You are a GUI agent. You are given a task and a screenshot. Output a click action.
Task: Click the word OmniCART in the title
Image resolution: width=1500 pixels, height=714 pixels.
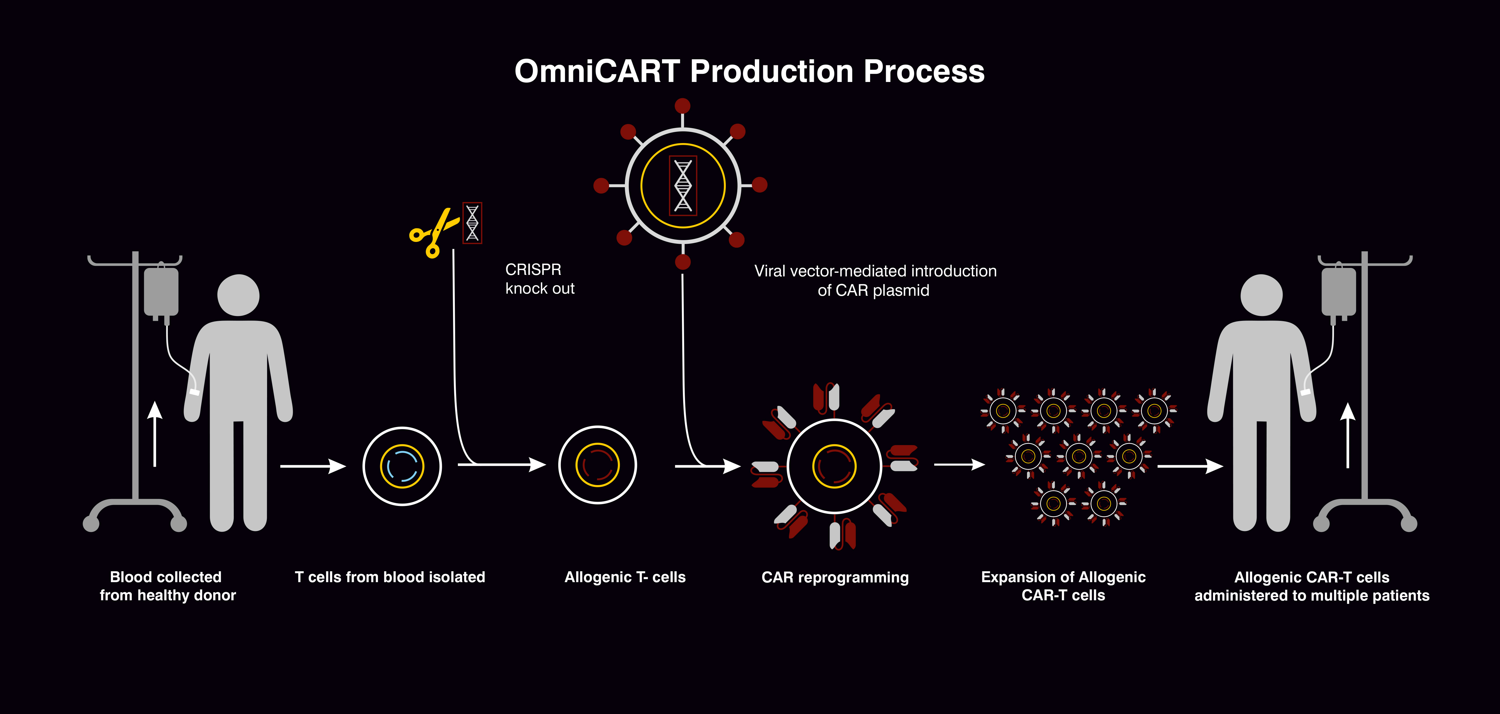[x=597, y=72]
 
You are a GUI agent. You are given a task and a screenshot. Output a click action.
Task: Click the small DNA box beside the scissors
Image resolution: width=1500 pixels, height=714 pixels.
[x=472, y=223]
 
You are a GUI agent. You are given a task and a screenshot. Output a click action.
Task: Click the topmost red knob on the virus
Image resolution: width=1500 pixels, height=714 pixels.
[x=683, y=106]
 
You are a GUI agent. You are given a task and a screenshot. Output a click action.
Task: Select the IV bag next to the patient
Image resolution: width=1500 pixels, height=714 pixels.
[x=1339, y=292]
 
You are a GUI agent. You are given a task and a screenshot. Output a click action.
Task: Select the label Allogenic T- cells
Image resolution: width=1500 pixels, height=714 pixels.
[x=625, y=577]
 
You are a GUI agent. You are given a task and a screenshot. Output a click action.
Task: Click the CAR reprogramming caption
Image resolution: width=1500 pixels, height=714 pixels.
[x=834, y=577]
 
